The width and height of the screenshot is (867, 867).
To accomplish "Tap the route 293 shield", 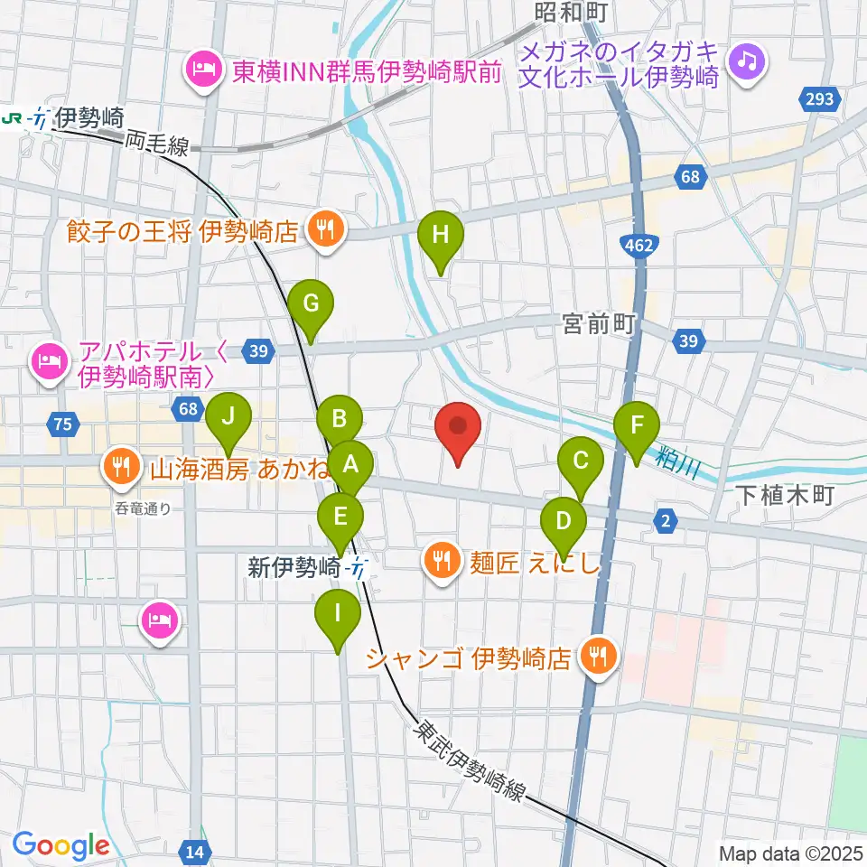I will pos(819,99).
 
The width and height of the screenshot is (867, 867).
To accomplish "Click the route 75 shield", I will pos(62,422).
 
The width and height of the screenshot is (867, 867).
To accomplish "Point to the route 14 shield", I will pos(194,850).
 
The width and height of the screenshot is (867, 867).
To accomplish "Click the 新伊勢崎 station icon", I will pos(359,569).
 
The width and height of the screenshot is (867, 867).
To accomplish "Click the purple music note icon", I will pos(749,61).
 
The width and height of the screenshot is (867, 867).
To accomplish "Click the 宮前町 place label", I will pos(600,323).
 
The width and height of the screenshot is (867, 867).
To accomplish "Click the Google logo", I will pos(61,845).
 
